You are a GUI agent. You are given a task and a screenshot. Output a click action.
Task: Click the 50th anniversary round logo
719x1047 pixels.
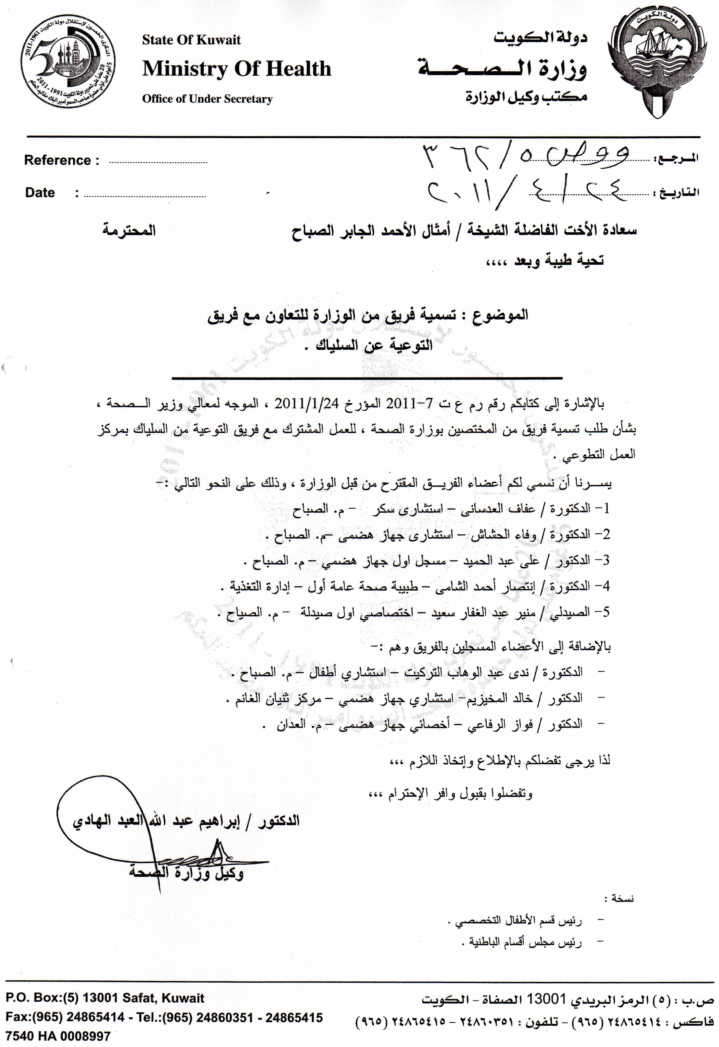point(68,62)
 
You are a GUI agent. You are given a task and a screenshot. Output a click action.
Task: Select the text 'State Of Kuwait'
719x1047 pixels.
point(192,40)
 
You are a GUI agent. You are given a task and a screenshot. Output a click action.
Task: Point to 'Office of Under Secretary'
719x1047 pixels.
point(207,99)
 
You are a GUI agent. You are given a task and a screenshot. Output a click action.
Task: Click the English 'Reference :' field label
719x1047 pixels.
point(62,160)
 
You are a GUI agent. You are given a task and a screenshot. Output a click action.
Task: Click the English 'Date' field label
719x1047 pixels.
point(40,193)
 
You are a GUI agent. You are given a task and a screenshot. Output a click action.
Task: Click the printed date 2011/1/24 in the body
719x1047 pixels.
point(306,402)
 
